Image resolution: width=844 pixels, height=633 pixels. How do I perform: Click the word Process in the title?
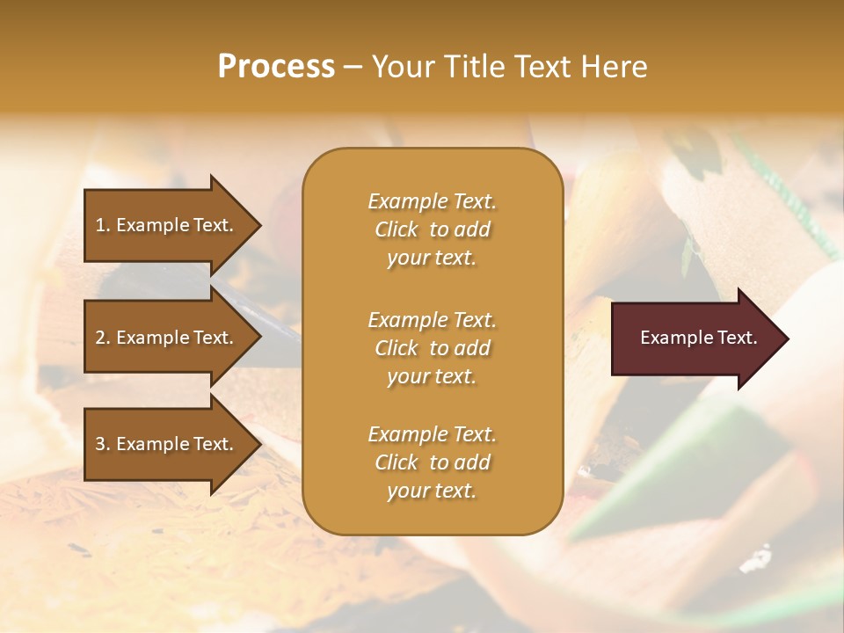(276, 66)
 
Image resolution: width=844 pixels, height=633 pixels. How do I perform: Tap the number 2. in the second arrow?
(103, 338)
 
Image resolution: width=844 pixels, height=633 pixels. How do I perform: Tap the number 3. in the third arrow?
(103, 444)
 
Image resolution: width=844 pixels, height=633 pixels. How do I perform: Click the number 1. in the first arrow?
(103, 225)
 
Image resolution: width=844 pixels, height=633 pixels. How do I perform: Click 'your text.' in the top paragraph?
(432, 258)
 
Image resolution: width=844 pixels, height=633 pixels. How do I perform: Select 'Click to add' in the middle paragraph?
(432, 348)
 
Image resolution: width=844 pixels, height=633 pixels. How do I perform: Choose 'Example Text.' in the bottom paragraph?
(432, 434)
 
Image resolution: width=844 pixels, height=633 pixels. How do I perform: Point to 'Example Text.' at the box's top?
(432, 201)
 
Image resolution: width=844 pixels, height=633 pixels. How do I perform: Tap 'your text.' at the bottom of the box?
(432, 491)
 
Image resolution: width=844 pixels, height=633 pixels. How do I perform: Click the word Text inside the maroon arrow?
(738, 338)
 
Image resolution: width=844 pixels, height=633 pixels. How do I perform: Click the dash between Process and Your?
(353, 67)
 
